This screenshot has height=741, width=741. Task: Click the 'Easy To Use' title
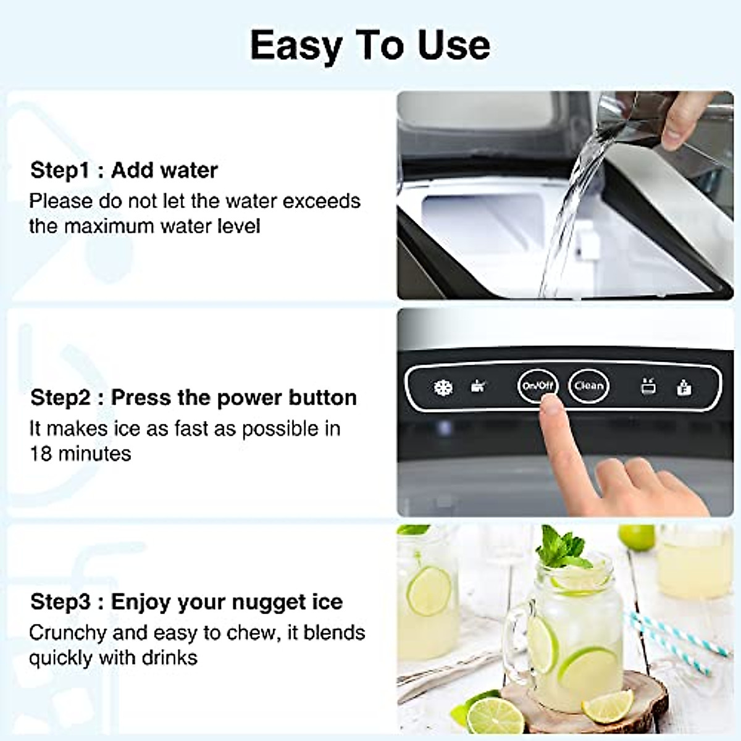click(370, 46)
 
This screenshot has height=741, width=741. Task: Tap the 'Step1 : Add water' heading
click(124, 170)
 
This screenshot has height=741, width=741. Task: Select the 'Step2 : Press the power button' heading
click(193, 398)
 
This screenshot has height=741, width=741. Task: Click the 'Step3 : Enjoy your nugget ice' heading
click(186, 601)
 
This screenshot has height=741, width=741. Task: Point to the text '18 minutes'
click(80, 454)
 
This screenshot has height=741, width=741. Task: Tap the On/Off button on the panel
click(537, 386)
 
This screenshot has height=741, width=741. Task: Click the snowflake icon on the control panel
click(443, 388)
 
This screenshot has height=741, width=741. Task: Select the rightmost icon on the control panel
click(684, 387)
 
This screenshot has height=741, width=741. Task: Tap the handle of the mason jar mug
click(516, 636)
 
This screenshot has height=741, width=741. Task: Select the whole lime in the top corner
click(636, 537)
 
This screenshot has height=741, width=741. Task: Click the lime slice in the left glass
click(428, 591)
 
